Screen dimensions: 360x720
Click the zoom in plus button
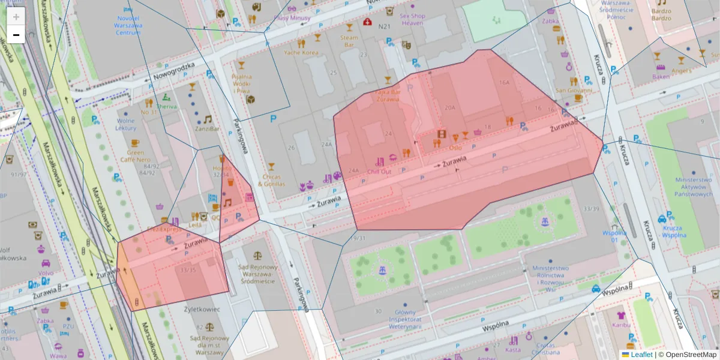coord(16,17)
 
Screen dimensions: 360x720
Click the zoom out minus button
coord(16,35)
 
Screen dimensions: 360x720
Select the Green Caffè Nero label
coord(134,156)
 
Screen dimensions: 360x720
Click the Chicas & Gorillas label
coord(271,180)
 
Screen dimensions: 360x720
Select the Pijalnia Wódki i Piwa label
coord(241,83)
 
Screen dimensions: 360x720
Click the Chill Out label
coord(379,171)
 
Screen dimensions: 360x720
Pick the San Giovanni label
coord(574,91)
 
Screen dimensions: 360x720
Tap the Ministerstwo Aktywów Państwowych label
coord(693,187)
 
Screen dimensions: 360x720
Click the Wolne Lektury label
coord(126,124)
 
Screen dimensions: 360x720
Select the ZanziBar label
coord(207,128)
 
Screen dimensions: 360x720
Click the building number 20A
coord(449,107)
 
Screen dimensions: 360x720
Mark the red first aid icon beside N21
coord(367,22)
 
